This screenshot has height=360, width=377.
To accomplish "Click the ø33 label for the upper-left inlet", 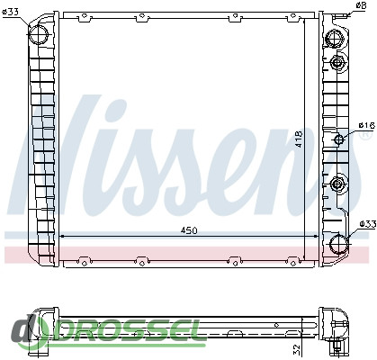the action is (10, 13).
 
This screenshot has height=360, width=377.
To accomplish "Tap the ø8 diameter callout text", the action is (361, 4).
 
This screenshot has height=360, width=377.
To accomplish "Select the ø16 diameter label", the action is (367, 125).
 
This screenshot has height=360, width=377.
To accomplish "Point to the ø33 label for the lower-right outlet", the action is (368, 224).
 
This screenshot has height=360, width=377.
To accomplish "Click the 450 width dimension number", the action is (189, 230).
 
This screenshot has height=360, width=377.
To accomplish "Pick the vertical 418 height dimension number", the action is (299, 139).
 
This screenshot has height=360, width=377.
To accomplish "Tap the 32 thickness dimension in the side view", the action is (296, 348).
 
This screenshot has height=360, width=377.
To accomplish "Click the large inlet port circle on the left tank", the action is (39, 34).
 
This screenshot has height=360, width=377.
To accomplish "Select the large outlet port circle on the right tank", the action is (339, 243).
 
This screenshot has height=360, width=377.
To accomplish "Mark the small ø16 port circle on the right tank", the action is (339, 139).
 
